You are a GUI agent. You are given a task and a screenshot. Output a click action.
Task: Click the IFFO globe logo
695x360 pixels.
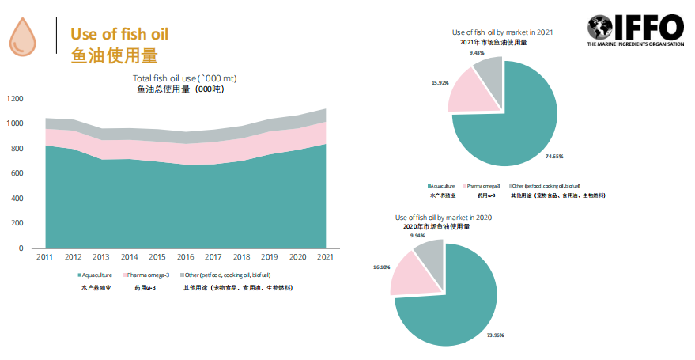point(603,28)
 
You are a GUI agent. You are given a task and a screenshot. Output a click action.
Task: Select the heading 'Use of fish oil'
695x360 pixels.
point(119,34)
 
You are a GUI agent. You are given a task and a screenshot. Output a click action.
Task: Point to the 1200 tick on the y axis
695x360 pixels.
point(15,99)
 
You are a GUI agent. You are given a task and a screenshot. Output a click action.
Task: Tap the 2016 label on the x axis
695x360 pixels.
point(186,258)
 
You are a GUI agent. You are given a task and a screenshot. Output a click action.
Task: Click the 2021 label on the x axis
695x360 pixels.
point(324,258)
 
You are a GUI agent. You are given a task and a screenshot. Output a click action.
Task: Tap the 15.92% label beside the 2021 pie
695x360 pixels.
point(440,82)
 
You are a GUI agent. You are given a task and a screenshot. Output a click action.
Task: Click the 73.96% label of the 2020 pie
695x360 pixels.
point(495,335)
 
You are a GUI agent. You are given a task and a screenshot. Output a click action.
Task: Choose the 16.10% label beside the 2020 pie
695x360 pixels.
point(382,267)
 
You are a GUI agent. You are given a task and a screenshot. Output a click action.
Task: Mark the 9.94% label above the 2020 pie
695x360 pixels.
point(417,236)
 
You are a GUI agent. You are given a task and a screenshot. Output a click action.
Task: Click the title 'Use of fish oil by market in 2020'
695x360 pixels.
point(444,218)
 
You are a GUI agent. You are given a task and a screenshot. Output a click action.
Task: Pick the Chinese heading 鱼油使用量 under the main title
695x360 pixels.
point(114,56)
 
